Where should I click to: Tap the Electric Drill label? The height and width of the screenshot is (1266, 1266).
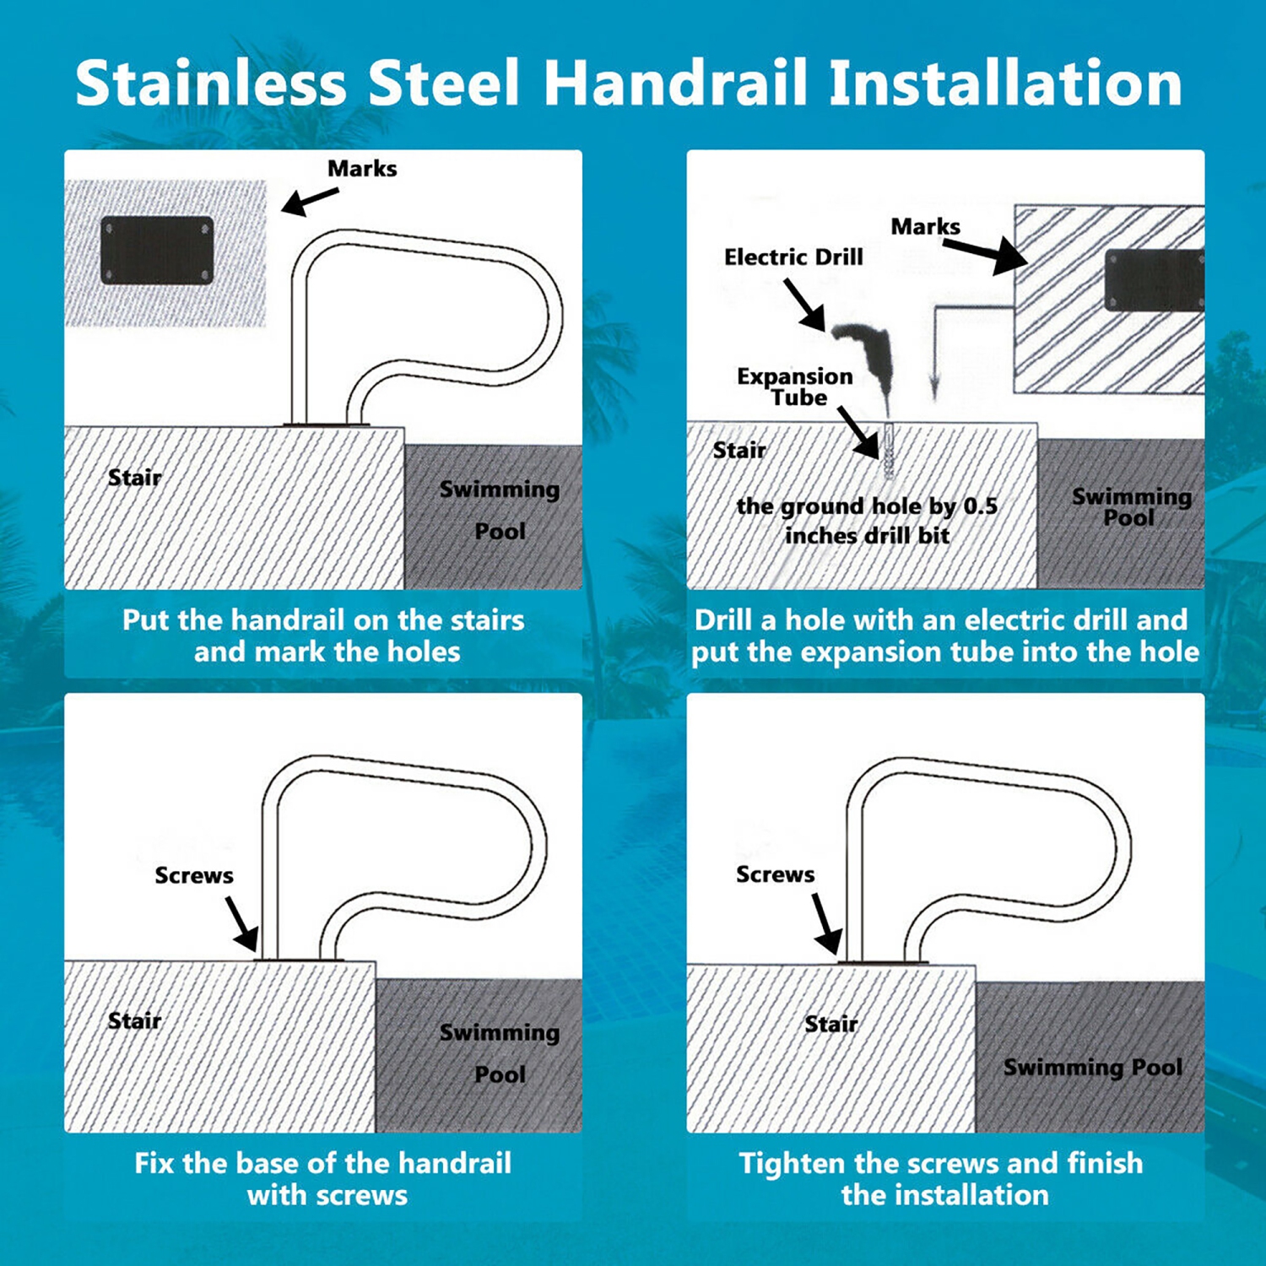[x=793, y=257]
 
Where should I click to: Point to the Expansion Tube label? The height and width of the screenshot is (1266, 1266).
[x=794, y=387]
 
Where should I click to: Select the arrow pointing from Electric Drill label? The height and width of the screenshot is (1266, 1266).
[x=804, y=305]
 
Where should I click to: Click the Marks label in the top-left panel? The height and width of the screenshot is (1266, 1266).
[x=362, y=169]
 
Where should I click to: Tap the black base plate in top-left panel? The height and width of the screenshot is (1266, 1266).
[x=157, y=251]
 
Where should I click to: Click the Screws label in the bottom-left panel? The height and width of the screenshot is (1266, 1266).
[x=194, y=875]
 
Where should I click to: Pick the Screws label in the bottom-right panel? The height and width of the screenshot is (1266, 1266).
[x=775, y=874]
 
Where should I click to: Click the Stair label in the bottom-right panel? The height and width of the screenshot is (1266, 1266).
[x=830, y=1024]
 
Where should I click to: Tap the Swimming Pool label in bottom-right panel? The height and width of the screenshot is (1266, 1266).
[x=1092, y=1068]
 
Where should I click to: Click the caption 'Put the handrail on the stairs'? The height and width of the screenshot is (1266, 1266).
[x=323, y=620]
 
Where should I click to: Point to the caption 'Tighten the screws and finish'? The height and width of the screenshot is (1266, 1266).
[x=941, y=1163]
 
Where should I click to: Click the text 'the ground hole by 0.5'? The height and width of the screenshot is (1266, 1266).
[x=867, y=506]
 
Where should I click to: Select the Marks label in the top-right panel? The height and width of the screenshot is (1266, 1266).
[x=925, y=227]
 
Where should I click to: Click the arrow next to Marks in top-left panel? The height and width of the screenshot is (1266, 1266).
[x=309, y=201]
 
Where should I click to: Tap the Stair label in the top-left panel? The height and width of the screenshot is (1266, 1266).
[x=134, y=478]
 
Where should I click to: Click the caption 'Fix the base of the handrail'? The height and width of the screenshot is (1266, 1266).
[x=323, y=1163]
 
